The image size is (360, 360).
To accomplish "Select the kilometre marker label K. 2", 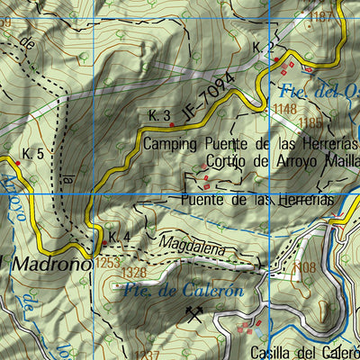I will [x=262, y=48].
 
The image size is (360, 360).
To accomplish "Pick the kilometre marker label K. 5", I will [x=32, y=154].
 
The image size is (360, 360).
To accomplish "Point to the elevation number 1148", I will [x=285, y=109].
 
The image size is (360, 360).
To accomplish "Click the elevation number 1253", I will [x=105, y=262].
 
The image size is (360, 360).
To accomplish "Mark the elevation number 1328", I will [x=133, y=272].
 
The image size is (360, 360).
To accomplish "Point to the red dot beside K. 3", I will [x=173, y=126].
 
